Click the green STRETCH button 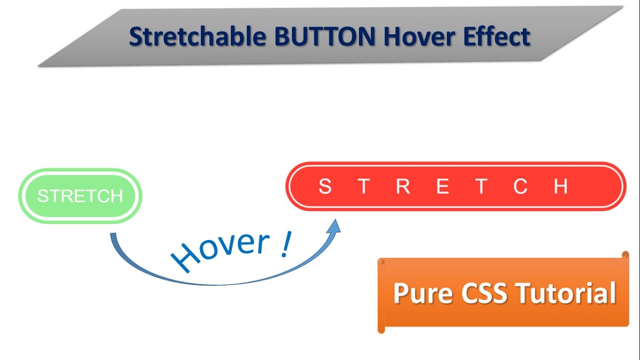pos(80,196)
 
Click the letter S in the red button pos(325,186)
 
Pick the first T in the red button pos(364,186)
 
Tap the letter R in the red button pos(403,186)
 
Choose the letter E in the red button pos(442,186)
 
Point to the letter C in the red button pos(520,186)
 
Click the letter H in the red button pos(561,186)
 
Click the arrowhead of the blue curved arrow pos(334,226)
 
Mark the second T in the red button pos(481,186)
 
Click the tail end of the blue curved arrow pos(113,236)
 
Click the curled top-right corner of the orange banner pos(625,255)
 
